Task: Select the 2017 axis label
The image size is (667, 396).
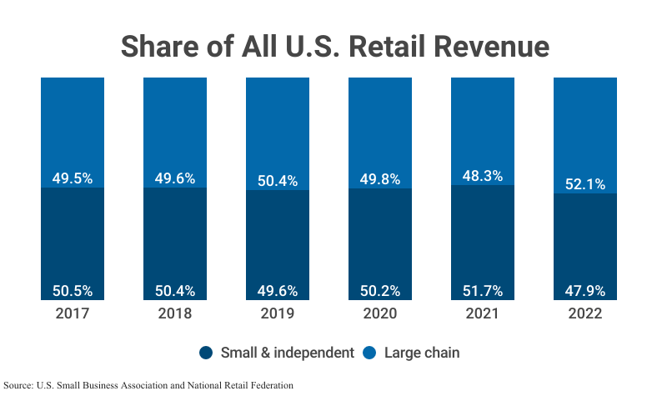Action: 73,313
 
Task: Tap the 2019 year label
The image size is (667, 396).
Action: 278,313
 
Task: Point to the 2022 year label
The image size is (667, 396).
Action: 585,313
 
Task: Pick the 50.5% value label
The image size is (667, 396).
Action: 73,291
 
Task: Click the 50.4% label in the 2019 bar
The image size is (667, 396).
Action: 278,180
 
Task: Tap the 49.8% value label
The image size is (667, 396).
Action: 380,178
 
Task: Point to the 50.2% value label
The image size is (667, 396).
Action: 380,291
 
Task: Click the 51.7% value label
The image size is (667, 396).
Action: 483,291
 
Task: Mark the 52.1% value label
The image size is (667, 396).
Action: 585,183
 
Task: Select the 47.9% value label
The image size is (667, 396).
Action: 585,291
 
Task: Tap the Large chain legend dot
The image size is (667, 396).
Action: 370,353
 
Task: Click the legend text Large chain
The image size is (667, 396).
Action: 422,353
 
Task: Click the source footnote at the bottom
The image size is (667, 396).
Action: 149,385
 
